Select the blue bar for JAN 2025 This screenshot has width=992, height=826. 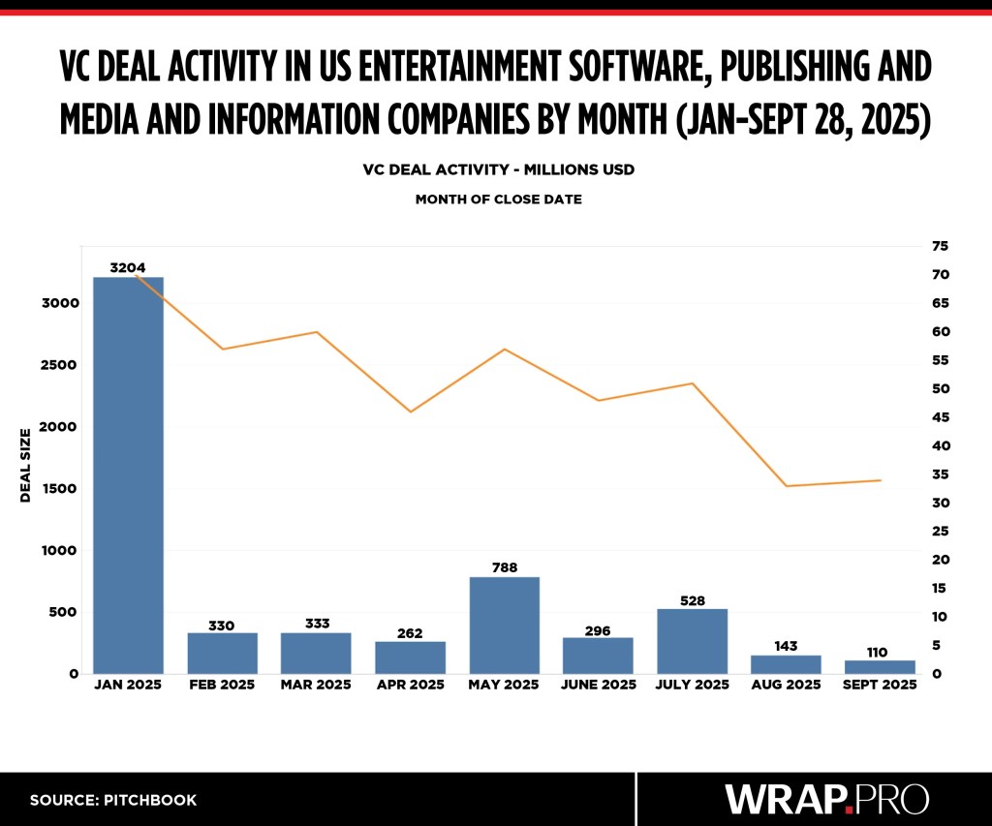click(128, 474)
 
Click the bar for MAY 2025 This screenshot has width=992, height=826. click(504, 625)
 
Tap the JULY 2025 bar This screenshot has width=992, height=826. click(692, 640)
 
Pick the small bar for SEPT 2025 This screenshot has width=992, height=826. click(880, 666)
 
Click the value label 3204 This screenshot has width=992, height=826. click(128, 267)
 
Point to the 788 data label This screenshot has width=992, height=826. click(504, 566)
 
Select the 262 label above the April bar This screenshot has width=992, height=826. click(410, 631)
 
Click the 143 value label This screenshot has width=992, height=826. click(786, 645)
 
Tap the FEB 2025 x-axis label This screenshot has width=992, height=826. click(222, 685)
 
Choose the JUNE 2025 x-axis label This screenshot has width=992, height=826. click(598, 685)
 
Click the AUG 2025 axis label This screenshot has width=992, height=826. click(786, 685)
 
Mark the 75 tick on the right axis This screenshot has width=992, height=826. click(941, 246)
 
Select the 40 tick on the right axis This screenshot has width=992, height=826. click(941, 446)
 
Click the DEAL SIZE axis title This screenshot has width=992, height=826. click(26, 465)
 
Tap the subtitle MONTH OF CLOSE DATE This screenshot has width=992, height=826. click(498, 199)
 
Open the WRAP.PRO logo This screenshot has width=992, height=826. click(827, 799)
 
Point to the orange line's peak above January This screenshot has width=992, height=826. click(136, 275)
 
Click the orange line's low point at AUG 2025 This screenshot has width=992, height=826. click(786, 486)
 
